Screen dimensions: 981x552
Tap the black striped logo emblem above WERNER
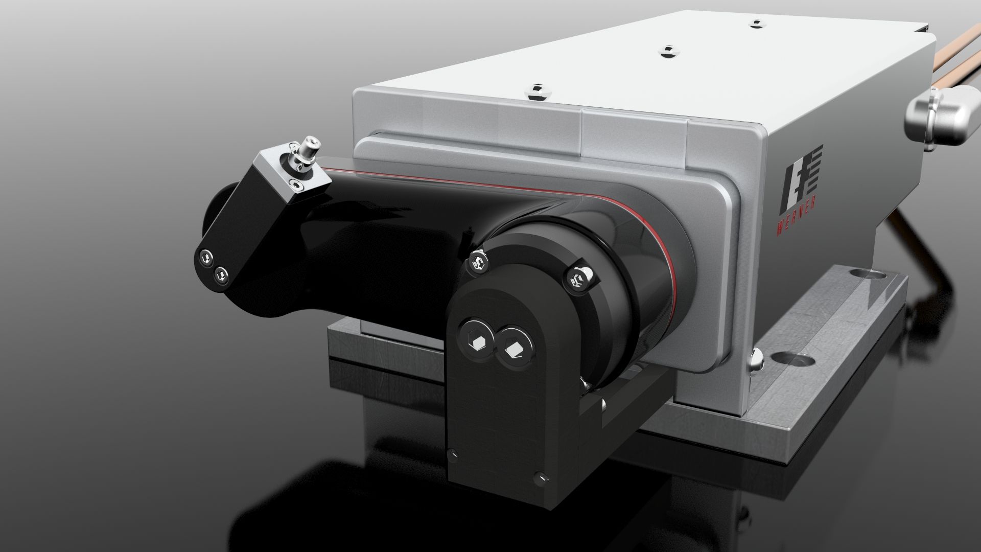pos(800,179)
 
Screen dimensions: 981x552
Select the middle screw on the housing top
pos(668,50)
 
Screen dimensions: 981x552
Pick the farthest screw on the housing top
pos(755,23)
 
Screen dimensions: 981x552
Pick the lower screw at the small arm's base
pos(222,275)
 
